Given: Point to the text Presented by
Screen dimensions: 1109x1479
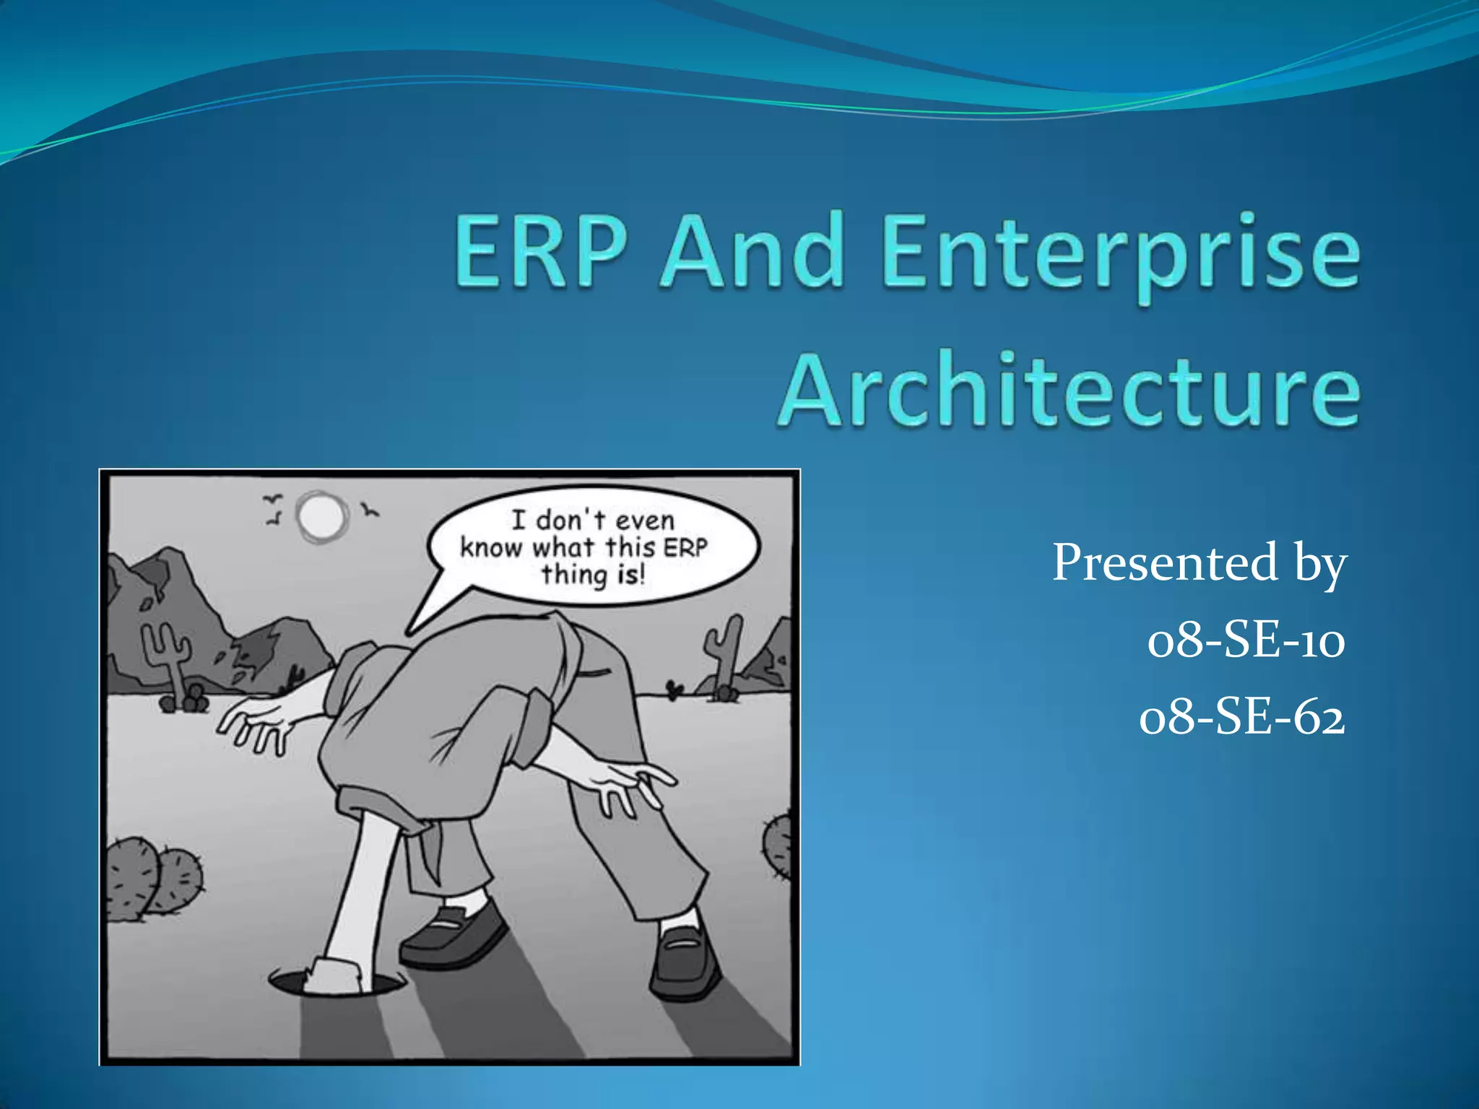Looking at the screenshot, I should [1199, 563].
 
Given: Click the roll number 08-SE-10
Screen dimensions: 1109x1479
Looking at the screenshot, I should [1246, 640].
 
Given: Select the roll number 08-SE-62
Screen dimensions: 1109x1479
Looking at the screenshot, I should [1242, 718].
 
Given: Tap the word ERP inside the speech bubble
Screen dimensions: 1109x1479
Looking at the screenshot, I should [685, 547].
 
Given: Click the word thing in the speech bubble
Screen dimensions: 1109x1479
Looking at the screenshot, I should [575, 575].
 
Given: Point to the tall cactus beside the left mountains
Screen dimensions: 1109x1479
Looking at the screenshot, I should [168, 653].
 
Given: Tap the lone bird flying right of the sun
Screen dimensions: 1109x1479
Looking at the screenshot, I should [370, 511].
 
